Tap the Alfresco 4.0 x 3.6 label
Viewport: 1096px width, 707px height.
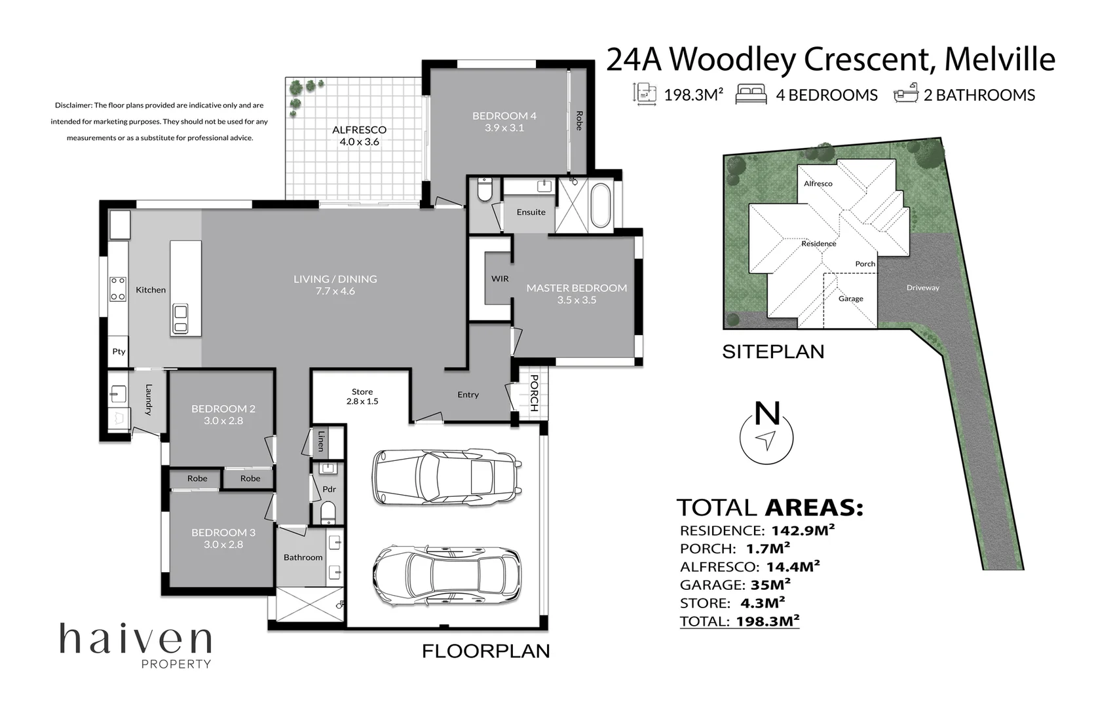tap(359, 136)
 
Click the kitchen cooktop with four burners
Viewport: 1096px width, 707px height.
tap(118, 289)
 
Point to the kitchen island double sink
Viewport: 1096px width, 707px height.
tap(180, 319)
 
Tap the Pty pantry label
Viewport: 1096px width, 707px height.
tap(119, 352)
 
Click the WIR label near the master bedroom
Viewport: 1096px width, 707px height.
tap(500, 278)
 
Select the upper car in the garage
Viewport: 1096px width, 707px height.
tap(447, 477)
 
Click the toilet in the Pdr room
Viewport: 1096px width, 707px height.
tap(328, 512)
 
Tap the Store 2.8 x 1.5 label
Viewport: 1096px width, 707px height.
tap(362, 397)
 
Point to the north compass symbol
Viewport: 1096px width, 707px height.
tap(766, 437)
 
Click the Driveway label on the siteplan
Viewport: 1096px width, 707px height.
tap(922, 287)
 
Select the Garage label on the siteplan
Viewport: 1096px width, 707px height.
tap(850, 299)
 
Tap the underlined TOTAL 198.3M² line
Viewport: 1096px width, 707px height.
tap(740, 621)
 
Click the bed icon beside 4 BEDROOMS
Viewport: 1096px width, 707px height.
tap(751, 94)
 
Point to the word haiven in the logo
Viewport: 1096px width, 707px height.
tap(136, 638)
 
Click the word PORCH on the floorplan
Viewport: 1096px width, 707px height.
tap(534, 393)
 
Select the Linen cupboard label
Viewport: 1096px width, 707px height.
tap(320, 441)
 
